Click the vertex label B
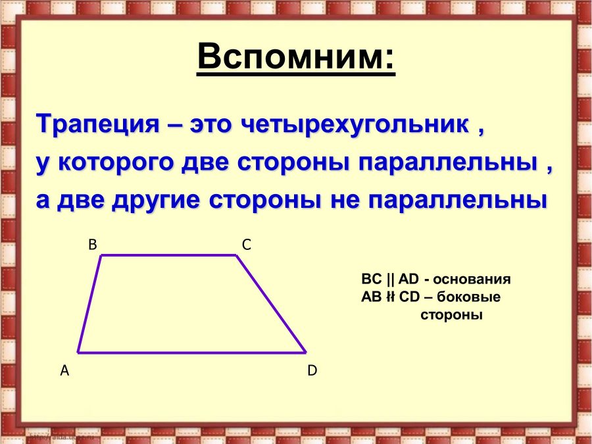(93, 245)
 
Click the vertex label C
(246, 245)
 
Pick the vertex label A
(64, 370)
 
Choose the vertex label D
(312, 370)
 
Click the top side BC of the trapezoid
(168, 255)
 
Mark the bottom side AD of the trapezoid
(191, 352)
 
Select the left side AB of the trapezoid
(89, 303)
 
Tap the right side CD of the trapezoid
(271, 303)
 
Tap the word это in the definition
(211, 124)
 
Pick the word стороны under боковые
(451, 314)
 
